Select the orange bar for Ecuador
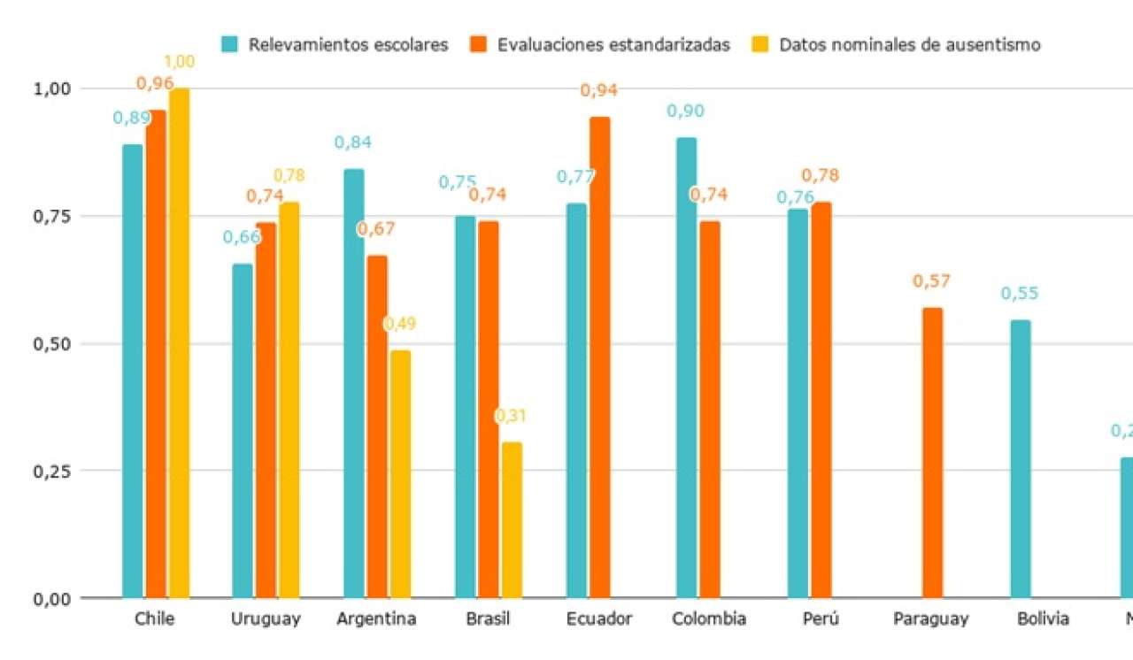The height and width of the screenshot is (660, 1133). [599, 357]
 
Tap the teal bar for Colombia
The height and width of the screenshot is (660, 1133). [686, 367]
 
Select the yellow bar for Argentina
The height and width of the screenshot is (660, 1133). [399, 474]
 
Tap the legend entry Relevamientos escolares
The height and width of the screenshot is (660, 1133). [348, 44]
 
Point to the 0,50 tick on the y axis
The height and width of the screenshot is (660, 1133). [50, 343]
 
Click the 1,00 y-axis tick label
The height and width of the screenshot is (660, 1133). [50, 88]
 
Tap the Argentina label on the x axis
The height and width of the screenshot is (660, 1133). [376, 618]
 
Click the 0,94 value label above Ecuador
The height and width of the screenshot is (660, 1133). [598, 90]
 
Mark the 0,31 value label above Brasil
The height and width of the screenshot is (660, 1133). [511, 416]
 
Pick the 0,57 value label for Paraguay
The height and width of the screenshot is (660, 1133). [931, 282]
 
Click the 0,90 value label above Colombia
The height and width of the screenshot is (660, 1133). [685, 111]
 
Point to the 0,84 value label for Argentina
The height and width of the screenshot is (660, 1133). [352, 142]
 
